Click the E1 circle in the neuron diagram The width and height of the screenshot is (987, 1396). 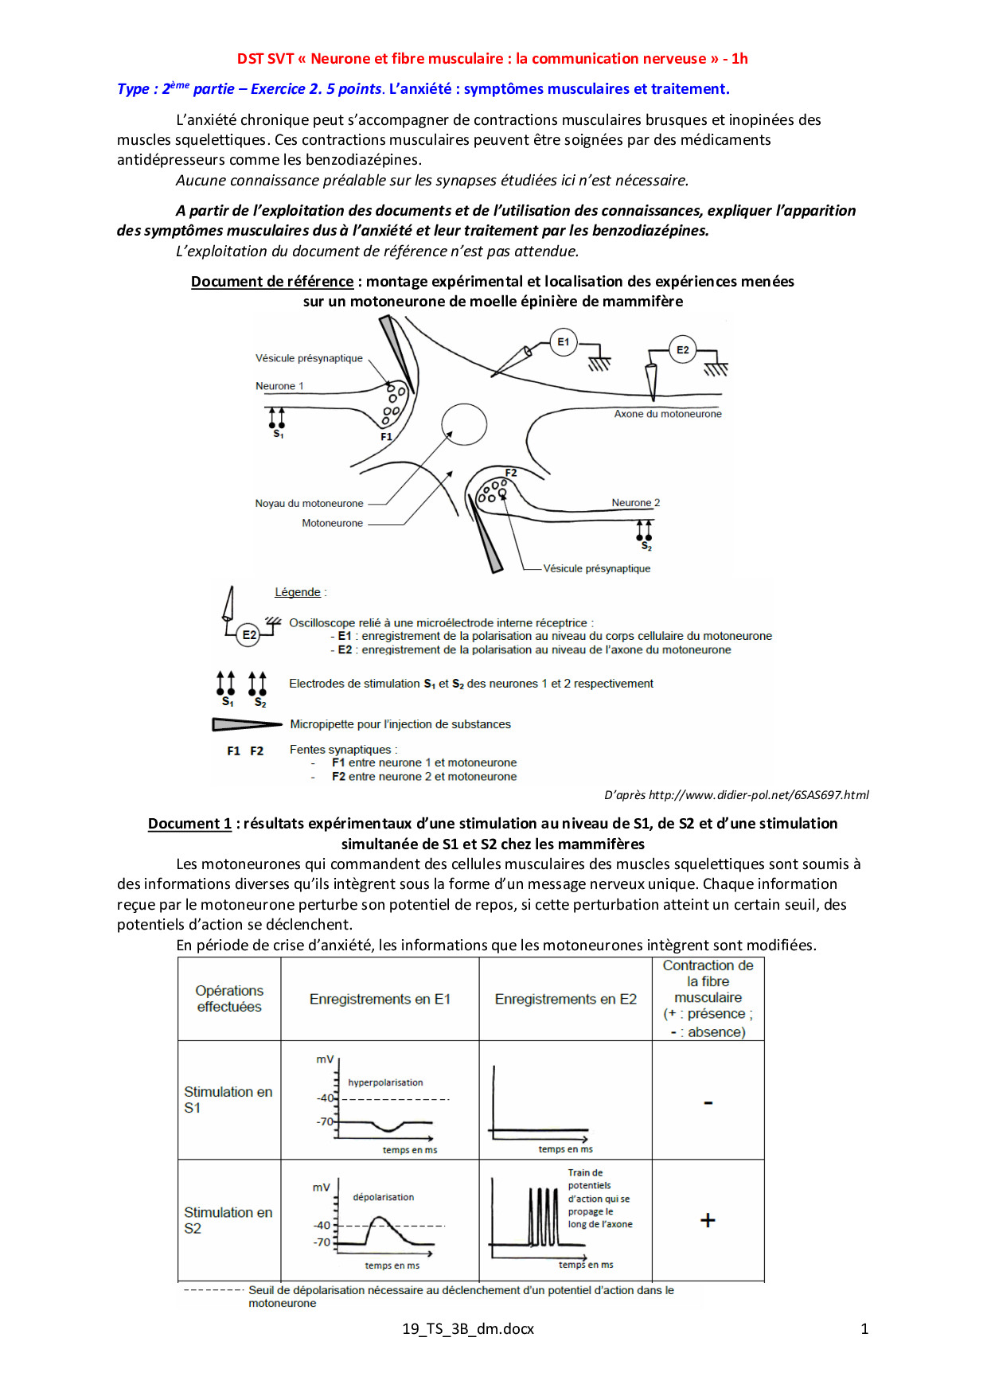[x=564, y=342]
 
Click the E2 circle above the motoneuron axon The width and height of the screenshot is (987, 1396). [x=683, y=349]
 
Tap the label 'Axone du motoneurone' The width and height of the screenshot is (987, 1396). [x=668, y=414]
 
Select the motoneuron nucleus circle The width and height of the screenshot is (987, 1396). [x=464, y=423]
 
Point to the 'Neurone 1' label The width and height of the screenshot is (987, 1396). [x=279, y=386]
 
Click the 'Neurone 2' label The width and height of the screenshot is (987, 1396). [x=635, y=503]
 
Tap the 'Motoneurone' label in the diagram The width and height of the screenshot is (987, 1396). [x=332, y=523]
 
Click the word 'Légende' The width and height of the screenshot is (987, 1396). [x=298, y=592]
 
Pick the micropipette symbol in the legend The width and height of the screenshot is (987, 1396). [x=247, y=724]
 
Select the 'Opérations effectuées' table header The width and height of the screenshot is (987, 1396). [x=229, y=999]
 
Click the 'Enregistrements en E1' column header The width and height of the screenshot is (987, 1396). [x=380, y=999]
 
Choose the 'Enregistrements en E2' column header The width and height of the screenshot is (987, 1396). [x=566, y=999]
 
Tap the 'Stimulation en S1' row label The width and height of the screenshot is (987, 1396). [x=228, y=1099]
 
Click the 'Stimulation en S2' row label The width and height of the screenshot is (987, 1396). [x=228, y=1220]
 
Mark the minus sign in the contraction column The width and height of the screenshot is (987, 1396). [x=708, y=1103]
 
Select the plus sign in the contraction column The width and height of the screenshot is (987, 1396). [x=708, y=1220]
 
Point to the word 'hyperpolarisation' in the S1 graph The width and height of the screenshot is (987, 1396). [x=385, y=1082]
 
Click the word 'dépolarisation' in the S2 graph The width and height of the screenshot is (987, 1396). [x=383, y=1197]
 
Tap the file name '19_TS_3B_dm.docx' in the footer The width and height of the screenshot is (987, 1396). [x=468, y=1328]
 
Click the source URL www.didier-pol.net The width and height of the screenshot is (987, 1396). [x=759, y=794]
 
